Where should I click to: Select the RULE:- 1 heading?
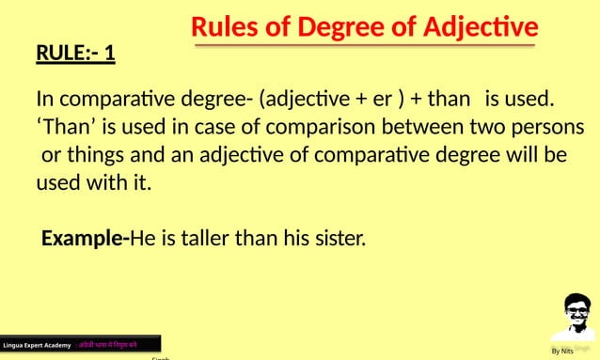click(x=75, y=53)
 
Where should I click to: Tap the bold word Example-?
click(x=85, y=238)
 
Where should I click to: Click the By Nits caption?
click(x=562, y=351)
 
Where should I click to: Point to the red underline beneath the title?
click(x=363, y=44)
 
